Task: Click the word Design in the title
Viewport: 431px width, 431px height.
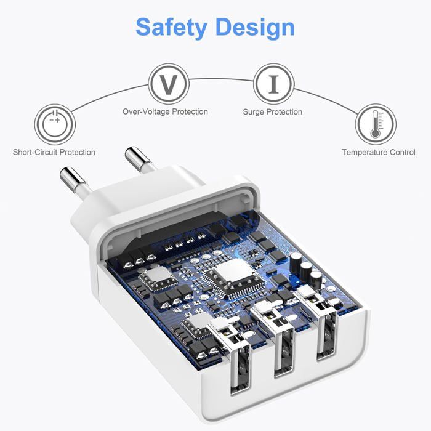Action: (255, 28)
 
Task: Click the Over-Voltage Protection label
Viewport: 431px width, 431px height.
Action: (165, 112)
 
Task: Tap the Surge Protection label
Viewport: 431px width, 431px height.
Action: (272, 112)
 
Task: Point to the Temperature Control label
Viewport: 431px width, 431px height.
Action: (378, 152)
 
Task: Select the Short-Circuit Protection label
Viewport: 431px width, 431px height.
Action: (54, 152)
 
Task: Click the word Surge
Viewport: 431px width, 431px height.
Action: (254, 112)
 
